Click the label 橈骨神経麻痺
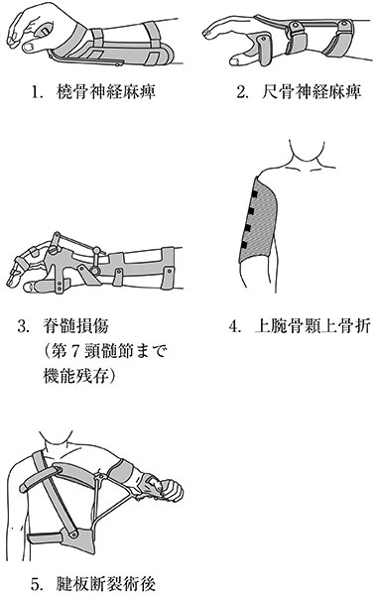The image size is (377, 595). pyautogui.click(x=105, y=92)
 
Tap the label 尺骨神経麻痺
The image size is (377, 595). pyautogui.click(x=312, y=92)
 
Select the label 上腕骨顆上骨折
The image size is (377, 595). pyautogui.click(x=313, y=326)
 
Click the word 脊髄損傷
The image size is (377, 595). pyautogui.click(x=76, y=326)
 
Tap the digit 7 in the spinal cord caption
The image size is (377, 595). pyautogui.click(x=74, y=352)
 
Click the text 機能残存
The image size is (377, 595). pyautogui.click(x=76, y=377)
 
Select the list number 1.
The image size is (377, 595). pyautogui.click(x=36, y=92)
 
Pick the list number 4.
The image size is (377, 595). pyautogui.click(x=234, y=326)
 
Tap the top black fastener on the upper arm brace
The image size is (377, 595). pyautogui.click(x=255, y=194)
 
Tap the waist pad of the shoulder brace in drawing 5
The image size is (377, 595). pyautogui.click(x=61, y=538)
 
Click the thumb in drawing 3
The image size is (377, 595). pyautogui.click(x=38, y=286)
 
